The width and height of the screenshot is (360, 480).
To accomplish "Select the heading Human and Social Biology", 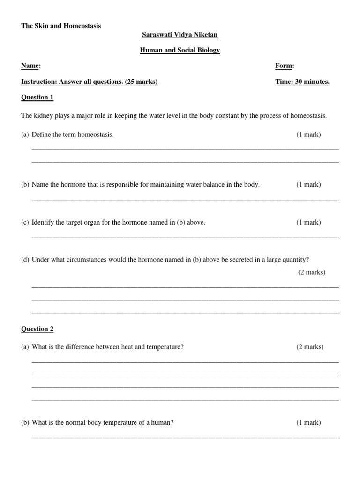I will pos(180,51).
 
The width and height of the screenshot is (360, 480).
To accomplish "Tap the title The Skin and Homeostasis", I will pos(61,26).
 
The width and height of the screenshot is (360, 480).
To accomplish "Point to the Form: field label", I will pos(285,66).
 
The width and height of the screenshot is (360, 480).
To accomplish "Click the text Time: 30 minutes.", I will pos(302,82).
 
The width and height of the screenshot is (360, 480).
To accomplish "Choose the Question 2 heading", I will pos(37,329).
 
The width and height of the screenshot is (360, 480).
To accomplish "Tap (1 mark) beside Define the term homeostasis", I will pos(308,135).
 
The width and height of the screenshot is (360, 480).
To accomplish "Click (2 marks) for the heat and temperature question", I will pos(310,347).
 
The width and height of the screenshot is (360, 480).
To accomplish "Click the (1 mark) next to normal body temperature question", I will pos(308,422).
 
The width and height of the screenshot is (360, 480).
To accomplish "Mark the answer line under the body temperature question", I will pos(185,437).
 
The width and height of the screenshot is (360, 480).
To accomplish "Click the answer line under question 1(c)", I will pos(185,237).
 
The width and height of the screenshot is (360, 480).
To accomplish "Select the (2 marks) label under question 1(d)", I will pos(312,272).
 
